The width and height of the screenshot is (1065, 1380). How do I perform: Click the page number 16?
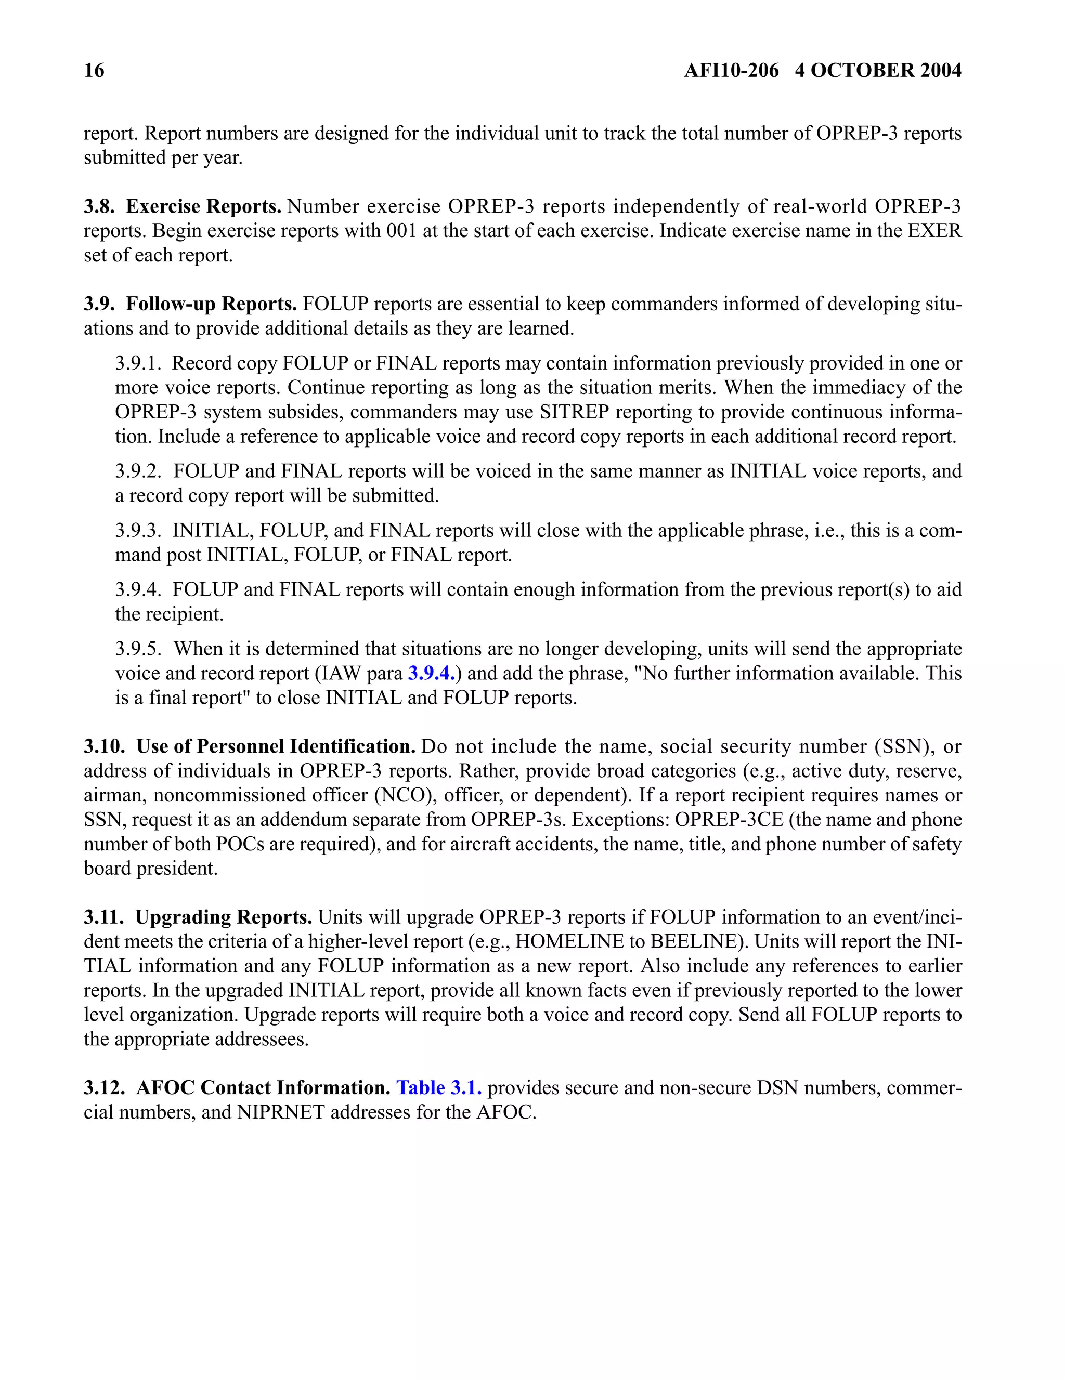pos(94,70)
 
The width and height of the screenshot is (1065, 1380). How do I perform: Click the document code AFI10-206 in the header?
pos(731,70)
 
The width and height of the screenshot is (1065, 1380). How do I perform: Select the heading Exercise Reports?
pos(203,207)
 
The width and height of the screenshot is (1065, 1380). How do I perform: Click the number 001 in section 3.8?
pos(401,231)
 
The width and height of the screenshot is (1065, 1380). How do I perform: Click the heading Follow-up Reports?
pos(211,304)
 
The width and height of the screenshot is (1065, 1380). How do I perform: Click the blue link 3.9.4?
pos(431,674)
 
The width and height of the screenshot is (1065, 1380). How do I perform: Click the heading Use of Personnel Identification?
pos(276,747)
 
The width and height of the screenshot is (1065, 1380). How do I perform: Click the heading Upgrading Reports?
pos(224,917)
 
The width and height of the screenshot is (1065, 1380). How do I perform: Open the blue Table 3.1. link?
pos(439,1088)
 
